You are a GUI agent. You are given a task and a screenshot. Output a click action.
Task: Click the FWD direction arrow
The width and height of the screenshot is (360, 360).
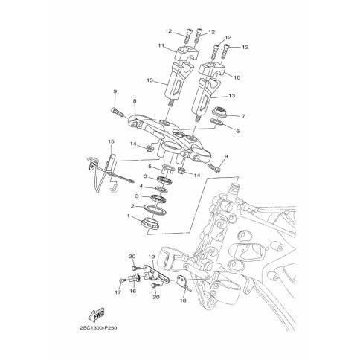click(97, 315)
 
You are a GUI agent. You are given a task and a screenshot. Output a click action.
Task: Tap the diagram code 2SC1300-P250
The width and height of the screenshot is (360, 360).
click(98, 328)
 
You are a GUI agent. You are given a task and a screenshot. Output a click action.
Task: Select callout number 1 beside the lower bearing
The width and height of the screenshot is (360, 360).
click(129, 216)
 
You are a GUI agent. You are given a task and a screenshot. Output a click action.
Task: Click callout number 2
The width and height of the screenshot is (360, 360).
click(132, 206)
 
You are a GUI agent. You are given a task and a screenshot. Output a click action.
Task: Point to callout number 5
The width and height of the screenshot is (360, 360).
click(150, 166)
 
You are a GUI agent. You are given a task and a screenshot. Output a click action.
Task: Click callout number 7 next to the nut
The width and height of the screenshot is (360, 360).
click(243, 116)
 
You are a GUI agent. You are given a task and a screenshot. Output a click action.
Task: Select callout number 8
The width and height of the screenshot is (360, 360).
click(135, 101)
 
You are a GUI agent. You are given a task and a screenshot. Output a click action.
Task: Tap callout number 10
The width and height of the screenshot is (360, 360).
click(237, 77)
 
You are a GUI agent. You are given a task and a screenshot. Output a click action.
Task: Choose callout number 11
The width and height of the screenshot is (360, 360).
click(161, 45)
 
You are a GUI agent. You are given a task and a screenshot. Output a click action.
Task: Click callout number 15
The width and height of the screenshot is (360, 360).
click(111, 141)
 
